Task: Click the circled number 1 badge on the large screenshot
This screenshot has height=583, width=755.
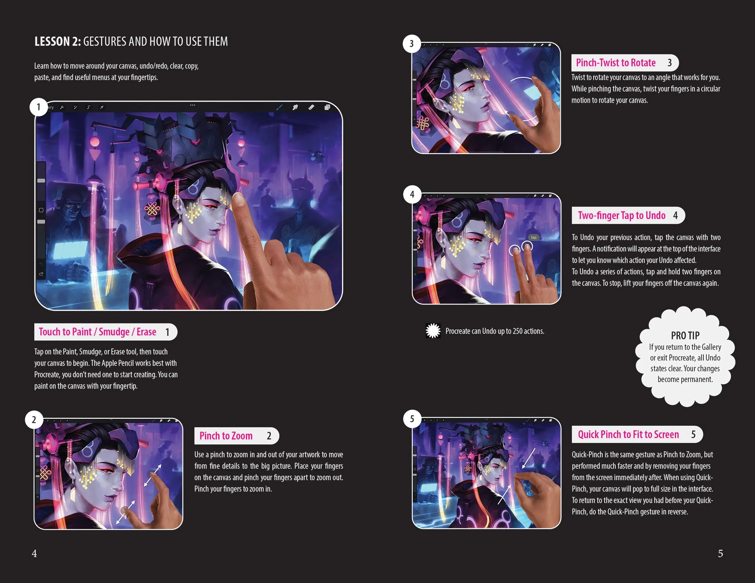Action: pos(38,107)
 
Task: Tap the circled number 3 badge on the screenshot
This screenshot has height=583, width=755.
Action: pos(412,44)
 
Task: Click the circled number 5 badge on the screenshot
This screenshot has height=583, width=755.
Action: pos(412,419)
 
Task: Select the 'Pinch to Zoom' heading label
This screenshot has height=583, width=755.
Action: pos(226,436)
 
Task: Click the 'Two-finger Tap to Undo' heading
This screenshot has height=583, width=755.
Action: pos(622,215)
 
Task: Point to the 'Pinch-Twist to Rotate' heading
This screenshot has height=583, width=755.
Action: pos(616,63)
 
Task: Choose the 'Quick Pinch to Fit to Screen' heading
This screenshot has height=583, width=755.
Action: pos(628,435)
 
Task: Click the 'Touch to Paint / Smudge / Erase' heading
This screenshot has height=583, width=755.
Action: pos(98,332)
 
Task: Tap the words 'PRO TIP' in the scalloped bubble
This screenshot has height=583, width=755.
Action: pos(685,336)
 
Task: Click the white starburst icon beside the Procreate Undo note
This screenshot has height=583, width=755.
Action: pos(433,331)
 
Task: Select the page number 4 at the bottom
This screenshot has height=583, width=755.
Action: pos(34,553)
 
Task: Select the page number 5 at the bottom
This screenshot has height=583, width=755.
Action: pos(720,553)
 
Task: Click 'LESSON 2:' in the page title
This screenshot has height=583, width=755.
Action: pos(58,42)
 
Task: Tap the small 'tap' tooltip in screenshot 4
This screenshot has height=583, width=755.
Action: pos(534,238)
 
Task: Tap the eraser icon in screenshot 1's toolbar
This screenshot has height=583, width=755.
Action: pos(311,107)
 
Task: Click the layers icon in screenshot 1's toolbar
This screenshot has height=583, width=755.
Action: pos(327,107)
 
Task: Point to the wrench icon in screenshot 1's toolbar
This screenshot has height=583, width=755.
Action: pos(62,108)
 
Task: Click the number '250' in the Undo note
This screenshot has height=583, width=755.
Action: pos(518,331)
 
